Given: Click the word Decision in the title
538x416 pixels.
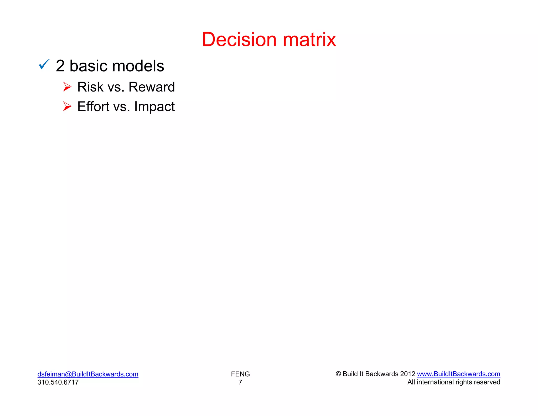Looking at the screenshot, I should pos(239,40).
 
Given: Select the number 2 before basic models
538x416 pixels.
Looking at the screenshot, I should pos(60,66).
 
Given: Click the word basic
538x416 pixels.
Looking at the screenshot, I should pos(88,66).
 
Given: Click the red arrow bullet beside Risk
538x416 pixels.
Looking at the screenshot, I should pos(67,87).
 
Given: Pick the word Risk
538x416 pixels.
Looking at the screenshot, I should pos(90,87).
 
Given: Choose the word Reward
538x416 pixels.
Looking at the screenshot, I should pos(152,87).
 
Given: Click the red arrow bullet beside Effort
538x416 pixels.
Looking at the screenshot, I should pos(67,106).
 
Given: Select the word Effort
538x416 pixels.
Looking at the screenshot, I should pos(93,106).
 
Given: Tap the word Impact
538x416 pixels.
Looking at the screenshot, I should pos(154,107).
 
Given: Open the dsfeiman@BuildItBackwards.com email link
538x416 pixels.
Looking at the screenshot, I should pos(88,374).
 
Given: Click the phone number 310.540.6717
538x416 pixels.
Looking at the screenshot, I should pos(58,382).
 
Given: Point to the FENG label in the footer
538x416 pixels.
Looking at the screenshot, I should pos(240,374).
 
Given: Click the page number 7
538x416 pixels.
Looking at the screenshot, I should pos(240,382).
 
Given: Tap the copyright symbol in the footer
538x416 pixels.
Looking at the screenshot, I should pos(338,374).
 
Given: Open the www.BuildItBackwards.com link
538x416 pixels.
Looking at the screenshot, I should pos(458,374).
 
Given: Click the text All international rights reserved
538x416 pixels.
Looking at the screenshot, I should pos(454,382).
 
